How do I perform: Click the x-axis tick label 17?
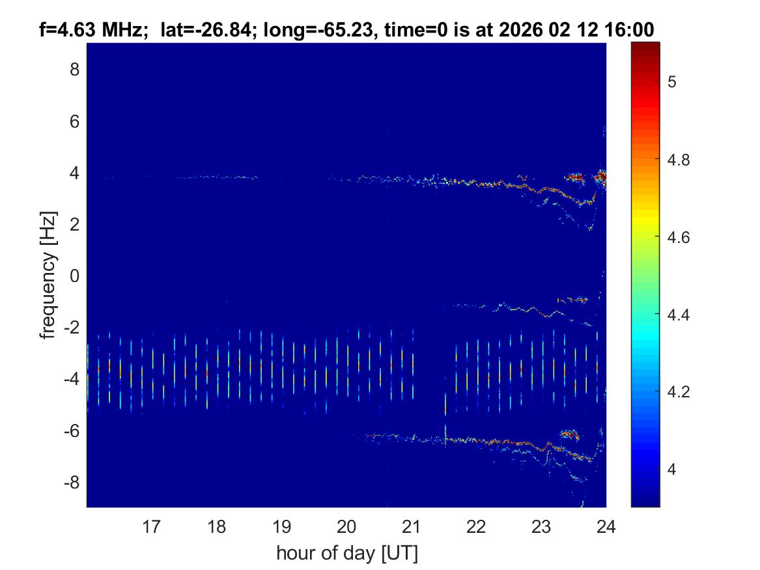151,526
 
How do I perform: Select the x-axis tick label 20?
346,526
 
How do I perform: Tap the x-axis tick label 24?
606,526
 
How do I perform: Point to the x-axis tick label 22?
476,526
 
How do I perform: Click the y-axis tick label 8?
74,69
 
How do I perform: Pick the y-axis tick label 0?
74,276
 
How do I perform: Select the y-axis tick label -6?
72,431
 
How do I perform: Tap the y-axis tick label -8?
72,483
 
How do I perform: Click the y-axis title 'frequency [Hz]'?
47,275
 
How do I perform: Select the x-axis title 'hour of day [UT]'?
346,553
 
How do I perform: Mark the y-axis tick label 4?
74,173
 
